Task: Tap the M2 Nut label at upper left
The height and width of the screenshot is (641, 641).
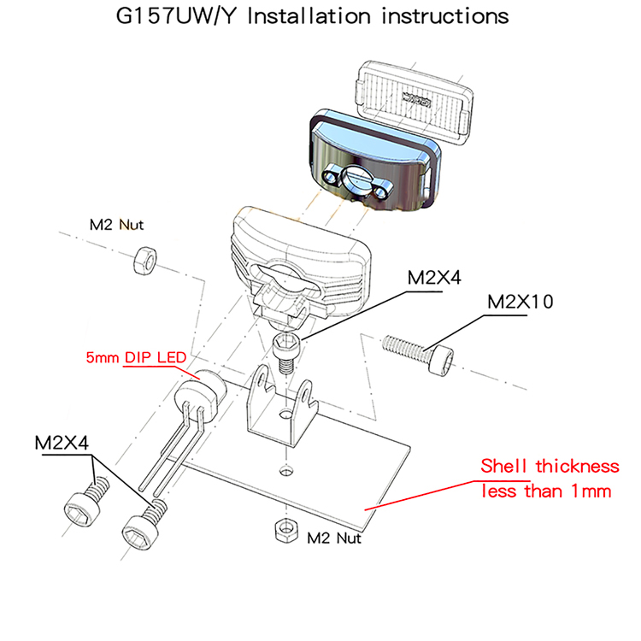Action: (x=117, y=226)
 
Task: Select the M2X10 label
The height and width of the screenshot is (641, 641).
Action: (x=520, y=302)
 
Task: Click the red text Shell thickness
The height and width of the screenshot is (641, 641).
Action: (x=549, y=467)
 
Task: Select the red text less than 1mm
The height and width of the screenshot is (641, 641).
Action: (x=546, y=491)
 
